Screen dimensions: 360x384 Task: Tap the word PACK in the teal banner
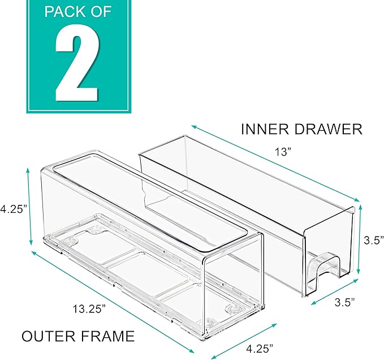click(64, 11)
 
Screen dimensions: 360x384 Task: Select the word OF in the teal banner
click(109, 11)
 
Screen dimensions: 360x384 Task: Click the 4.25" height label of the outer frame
click(13, 208)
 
